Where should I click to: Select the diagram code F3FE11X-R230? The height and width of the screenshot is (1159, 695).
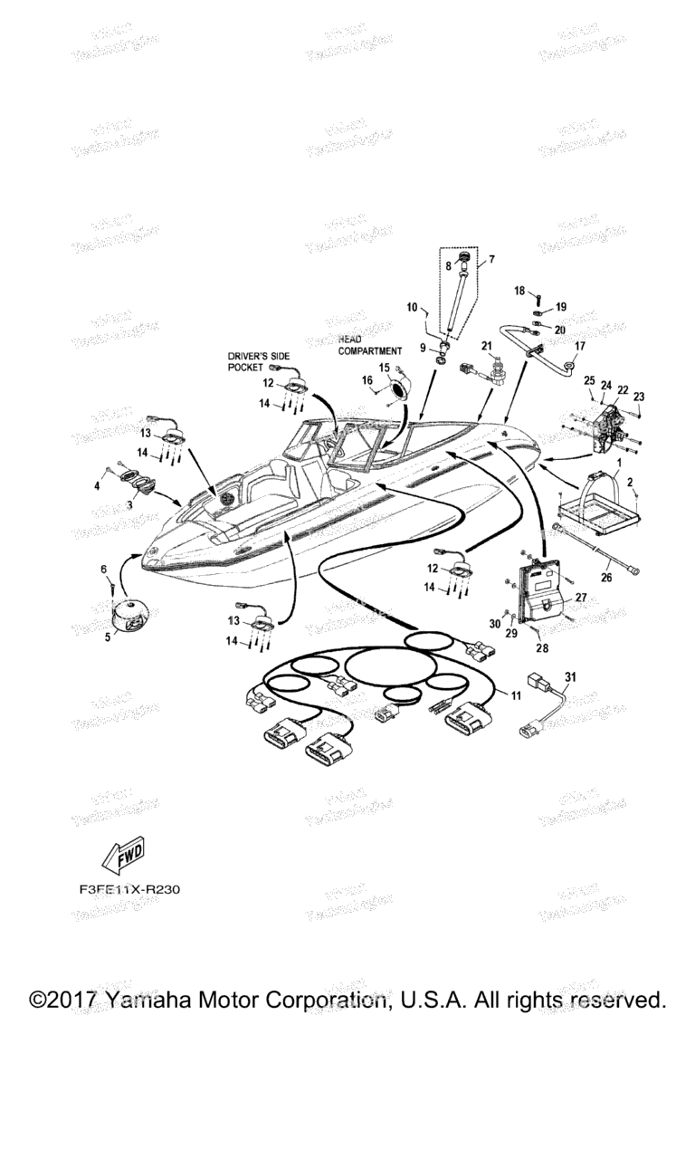coord(129,889)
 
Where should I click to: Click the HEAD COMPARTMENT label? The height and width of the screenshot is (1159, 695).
coord(369,344)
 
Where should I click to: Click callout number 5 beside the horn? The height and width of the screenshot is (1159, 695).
coord(109,637)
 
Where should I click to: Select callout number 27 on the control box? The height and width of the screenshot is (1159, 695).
coord(581,598)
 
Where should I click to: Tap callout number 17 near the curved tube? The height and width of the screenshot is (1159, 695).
coord(580,345)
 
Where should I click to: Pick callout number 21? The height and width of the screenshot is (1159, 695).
coord(486,345)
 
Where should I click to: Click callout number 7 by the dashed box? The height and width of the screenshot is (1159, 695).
coord(491,260)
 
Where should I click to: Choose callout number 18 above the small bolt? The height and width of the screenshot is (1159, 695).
coord(519,291)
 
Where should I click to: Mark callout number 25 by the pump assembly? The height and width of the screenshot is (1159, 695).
coord(588,380)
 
